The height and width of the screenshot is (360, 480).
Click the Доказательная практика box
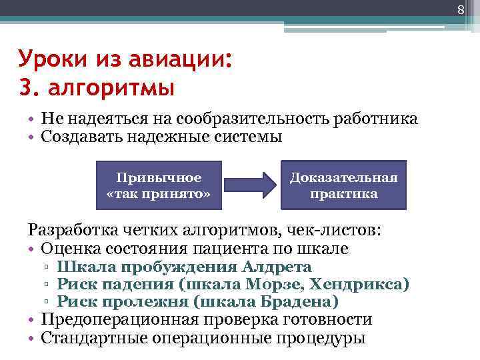[x=343, y=185]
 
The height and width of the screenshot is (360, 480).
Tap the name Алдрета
[x=277, y=267]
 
